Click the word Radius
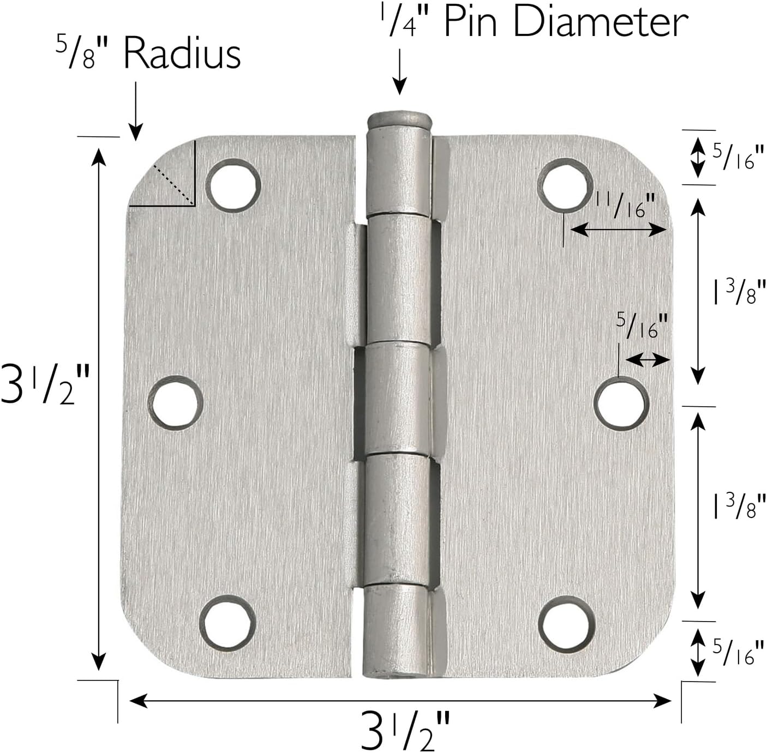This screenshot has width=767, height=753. [x=182, y=54]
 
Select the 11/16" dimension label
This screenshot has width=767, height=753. [x=625, y=206]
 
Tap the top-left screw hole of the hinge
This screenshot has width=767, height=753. [x=233, y=185]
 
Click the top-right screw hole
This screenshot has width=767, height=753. [x=565, y=185]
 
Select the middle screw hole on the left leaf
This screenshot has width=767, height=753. [x=176, y=403]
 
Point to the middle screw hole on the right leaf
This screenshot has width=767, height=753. [x=622, y=403]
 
